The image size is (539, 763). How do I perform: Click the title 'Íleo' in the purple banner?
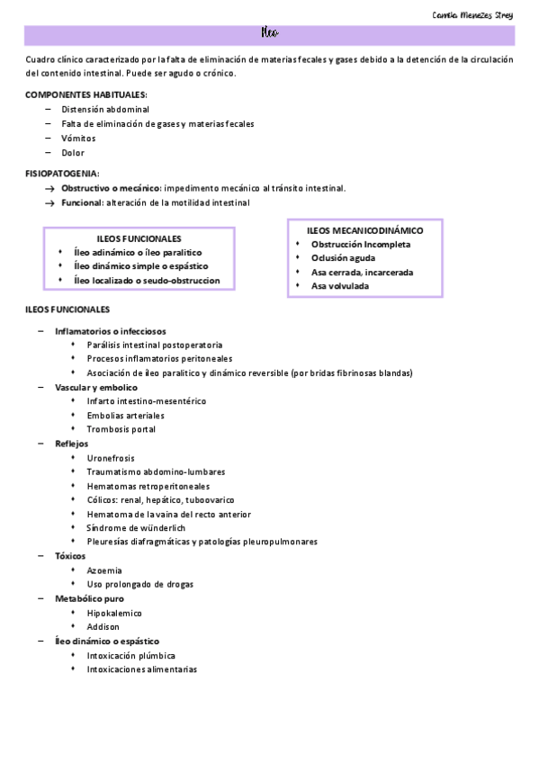tap(270, 34)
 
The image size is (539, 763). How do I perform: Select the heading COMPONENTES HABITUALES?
tap(86, 94)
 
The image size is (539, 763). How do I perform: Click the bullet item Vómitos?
tap(78, 139)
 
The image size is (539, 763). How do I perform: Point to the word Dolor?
tap(73, 153)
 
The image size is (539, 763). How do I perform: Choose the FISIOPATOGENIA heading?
tap(62, 174)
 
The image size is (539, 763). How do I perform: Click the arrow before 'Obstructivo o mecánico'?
tap(50, 188)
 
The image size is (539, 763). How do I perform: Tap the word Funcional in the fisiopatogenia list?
tap(81, 202)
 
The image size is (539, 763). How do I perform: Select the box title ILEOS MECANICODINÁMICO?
tap(364, 230)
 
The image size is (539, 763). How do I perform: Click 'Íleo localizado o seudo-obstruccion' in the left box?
tap(147, 281)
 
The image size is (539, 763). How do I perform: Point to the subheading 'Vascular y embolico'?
tap(96, 387)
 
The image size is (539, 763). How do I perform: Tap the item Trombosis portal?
tap(121, 429)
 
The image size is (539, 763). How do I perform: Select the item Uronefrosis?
tap(111, 457)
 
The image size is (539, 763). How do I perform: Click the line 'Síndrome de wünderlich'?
tap(137, 527)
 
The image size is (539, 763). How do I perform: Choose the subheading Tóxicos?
tap(70, 556)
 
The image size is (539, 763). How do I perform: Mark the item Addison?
tap(103, 626)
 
